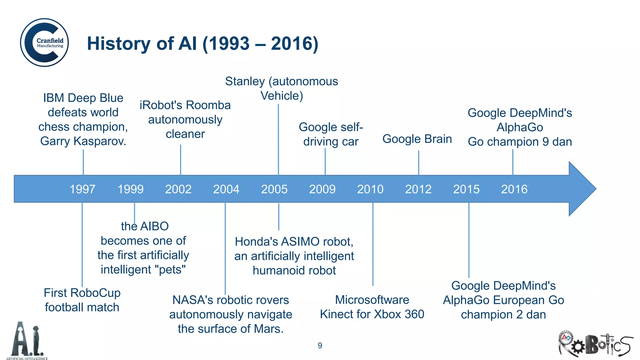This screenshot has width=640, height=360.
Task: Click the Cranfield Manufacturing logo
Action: click(x=44, y=42)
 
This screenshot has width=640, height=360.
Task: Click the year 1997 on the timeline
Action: click(x=82, y=189)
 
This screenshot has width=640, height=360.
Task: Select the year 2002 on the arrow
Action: click(x=178, y=189)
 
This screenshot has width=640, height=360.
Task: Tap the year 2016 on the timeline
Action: click(x=514, y=189)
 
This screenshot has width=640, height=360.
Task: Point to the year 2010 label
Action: click(x=370, y=189)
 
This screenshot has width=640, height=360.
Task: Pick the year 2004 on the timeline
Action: click(x=226, y=189)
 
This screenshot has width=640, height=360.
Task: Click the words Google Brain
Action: click(x=417, y=139)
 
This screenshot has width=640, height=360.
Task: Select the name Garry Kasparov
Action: click(x=83, y=141)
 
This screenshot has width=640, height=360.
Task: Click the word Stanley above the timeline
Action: click(x=245, y=81)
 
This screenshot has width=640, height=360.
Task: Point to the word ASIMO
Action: click(x=300, y=242)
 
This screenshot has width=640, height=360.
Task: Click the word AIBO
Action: click(x=155, y=226)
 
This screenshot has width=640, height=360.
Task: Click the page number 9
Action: click(x=320, y=346)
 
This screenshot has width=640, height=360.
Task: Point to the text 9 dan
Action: click(x=557, y=142)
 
